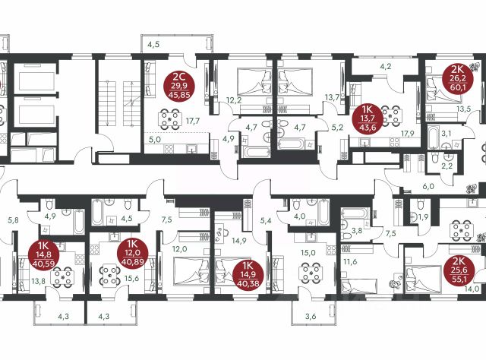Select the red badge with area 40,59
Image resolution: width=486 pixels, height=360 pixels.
pos(43,255)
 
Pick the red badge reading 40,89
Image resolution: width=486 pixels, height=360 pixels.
pos(133,253)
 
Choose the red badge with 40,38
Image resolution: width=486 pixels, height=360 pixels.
pos(248,274)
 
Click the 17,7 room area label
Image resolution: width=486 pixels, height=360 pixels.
pos(192,121)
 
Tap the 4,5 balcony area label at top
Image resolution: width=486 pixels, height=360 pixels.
pos(153,45)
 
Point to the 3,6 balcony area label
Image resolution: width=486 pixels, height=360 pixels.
pos(311,317)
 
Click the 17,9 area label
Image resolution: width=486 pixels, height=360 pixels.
pos(408,134)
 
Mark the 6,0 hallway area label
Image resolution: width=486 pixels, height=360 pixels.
pos(428,186)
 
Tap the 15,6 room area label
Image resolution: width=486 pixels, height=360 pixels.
pos(131,279)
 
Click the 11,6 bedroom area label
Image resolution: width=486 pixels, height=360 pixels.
pos(350,262)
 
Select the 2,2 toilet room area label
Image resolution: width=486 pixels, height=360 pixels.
pos(447,166)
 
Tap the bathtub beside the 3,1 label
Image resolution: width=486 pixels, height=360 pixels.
pos(433,137)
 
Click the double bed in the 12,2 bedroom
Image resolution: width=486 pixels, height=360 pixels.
pos(254,82)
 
